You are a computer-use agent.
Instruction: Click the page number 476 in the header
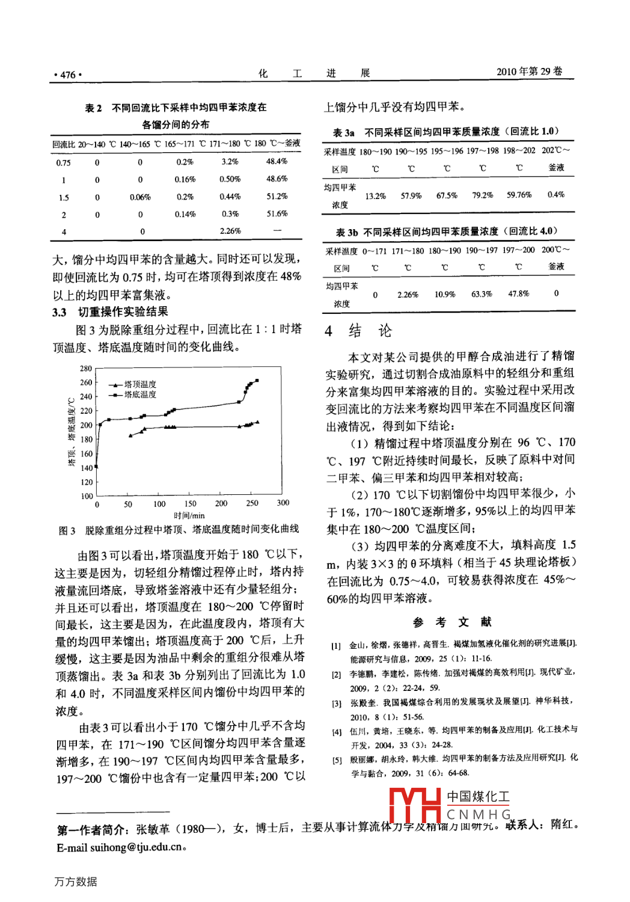click(x=68, y=75)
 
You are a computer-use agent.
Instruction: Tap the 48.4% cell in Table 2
click(x=277, y=161)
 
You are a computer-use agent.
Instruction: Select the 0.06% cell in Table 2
click(x=140, y=197)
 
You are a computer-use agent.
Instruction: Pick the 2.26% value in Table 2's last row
click(x=230, y=231)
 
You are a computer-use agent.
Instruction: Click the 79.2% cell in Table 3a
click(x=483, y=195)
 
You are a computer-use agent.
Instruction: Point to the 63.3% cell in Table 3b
click(x=482, y=294)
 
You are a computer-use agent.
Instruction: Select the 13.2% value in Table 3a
click(x=376, y=196)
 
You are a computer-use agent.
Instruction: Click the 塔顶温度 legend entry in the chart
click(x=139, y=384)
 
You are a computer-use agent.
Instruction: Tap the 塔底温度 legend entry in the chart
click(x=139, y=394)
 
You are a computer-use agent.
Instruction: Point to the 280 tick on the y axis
click(x=86, y=369)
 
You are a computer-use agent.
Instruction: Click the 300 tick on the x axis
click(x=283, y=503)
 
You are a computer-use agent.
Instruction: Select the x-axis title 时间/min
click(x=189, y=515)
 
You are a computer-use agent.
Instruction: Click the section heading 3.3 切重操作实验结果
click(x=110, y=312)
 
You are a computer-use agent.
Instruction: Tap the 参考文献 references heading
click(x=452, y=622)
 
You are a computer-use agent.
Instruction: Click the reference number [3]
click(x=337, y=703)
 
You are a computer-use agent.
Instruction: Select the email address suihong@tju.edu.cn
click(x=136, y=847)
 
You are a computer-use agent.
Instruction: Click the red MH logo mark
click(x=415, y=805)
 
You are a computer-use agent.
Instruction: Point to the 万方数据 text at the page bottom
click(x=75, y=882)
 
